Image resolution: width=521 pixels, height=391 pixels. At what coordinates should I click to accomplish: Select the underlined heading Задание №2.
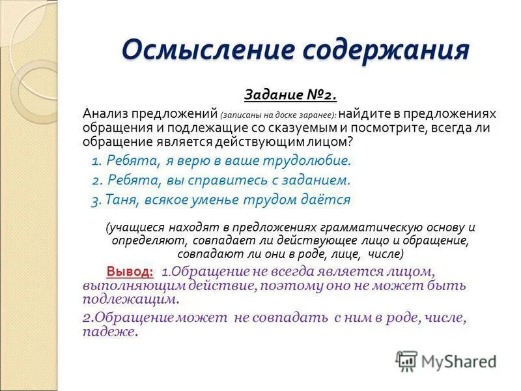click(290, 95)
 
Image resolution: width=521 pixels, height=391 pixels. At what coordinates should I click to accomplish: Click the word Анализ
click(106, 113)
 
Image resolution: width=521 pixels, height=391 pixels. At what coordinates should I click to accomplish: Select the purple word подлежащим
click(130, 299)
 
